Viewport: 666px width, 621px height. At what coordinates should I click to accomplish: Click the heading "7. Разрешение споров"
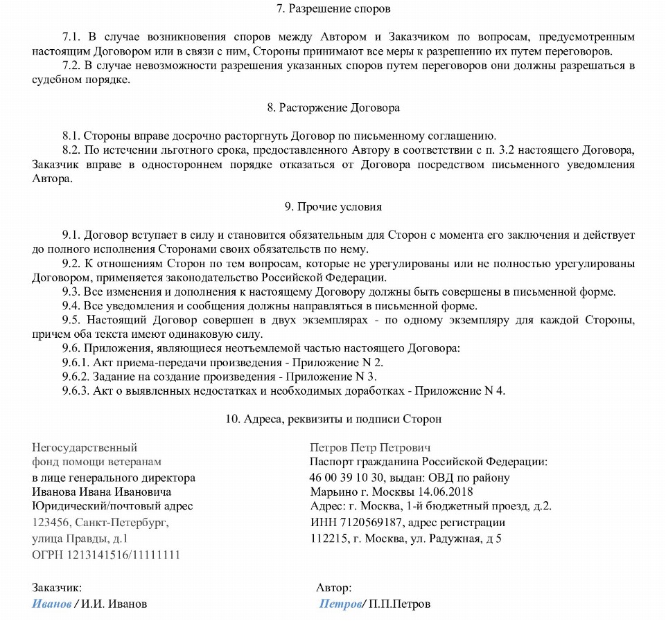(333, 9)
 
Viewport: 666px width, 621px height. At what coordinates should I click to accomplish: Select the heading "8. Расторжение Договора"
(333, 108)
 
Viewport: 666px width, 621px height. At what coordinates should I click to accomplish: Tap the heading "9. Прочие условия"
(333, 206)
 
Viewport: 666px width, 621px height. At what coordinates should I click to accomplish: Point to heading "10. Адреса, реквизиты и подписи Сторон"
(333, 419)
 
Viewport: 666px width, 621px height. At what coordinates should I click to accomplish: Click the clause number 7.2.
(71, 66)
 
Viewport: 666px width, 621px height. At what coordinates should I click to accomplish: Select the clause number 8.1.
(71, 136)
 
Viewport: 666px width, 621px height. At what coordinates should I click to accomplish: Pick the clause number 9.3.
(71, 291)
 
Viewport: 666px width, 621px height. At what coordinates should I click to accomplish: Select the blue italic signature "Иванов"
(51, 604)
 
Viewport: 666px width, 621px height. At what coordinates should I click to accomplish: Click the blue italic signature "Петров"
(340, 604)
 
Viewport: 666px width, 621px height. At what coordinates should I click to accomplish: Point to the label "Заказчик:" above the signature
(57, 588)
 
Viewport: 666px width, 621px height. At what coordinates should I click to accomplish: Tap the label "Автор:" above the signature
(333, 588)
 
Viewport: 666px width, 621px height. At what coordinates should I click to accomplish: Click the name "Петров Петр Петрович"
(370, 447)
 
